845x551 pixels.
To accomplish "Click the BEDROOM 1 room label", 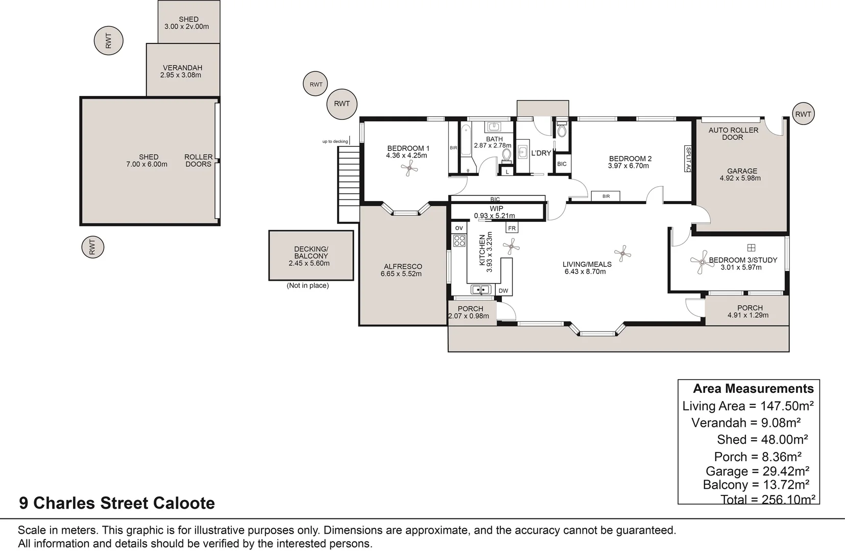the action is point(408,148).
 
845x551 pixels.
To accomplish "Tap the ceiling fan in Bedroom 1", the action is point(409,168).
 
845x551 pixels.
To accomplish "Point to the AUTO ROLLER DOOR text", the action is point(733,134).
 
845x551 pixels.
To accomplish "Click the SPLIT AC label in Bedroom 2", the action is point(688,160).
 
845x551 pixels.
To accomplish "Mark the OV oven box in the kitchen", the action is point(458,228).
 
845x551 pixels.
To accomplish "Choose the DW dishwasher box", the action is point(503,291).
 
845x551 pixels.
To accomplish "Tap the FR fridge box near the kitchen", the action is point(512,228).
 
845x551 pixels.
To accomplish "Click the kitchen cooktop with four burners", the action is point(460,241).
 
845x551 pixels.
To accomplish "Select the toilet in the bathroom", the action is point(506,155).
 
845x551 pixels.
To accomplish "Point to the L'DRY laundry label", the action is point(541,153).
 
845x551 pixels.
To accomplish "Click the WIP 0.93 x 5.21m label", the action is point(495,212).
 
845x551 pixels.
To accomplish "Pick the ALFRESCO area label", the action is point(403,270).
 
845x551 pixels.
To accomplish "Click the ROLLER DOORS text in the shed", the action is point(198,160).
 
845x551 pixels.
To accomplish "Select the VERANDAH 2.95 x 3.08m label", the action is point(182,71).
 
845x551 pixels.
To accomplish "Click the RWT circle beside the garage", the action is point(803,114).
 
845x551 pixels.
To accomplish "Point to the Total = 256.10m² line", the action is point(767,499).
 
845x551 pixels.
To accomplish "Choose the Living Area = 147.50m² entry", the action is point(747,406).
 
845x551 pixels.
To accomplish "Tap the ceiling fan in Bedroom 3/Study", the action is point(699,262).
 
